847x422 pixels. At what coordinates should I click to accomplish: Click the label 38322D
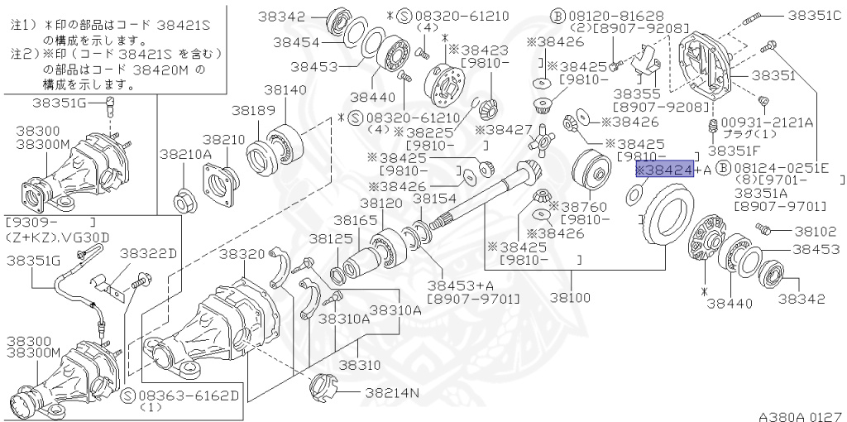149,252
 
